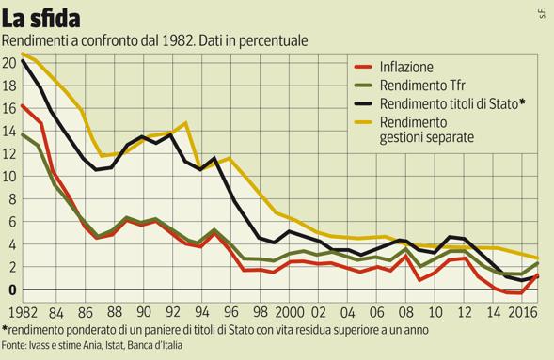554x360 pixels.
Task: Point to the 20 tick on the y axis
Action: (8, 63)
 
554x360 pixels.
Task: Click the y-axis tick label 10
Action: (8, 176)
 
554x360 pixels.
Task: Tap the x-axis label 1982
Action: (20, 310)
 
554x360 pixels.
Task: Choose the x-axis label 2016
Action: (517, 310)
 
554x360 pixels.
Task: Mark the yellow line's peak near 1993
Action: (185, 123)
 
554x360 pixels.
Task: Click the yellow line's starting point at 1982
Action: (22, 54)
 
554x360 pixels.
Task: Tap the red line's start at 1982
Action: (22, 105)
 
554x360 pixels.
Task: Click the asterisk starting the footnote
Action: (5, 329)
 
